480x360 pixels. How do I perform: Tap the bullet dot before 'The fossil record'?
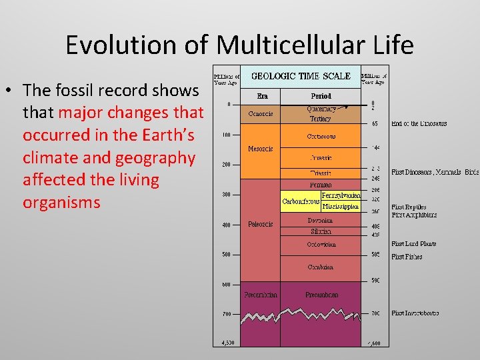tap(11, 90)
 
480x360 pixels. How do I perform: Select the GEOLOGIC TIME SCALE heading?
tap(300, 76)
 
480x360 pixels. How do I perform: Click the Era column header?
tap(259, 95)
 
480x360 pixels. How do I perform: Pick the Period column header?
tap(320, 95)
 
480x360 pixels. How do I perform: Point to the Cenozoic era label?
tap(260, 114)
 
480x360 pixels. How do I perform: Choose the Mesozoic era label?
tap(260, 149)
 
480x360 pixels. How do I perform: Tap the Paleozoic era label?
tap(260, 224)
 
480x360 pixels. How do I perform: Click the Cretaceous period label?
tap(321, 136)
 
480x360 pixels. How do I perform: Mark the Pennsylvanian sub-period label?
tap(341, 196)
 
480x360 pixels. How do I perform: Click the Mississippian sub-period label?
tap(341, 207)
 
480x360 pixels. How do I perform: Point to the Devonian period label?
tap(321, 220)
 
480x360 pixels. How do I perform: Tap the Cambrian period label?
tap(321, 266)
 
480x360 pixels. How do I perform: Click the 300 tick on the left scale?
tap(227, 195)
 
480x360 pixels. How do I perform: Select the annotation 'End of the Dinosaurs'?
tap(419, 124)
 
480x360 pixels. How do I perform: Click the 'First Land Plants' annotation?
tap(413, 244)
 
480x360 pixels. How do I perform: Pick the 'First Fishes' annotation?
tap(407, 257)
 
